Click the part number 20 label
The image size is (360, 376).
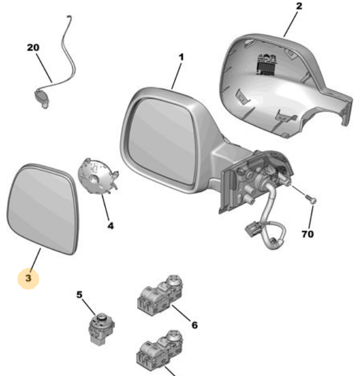click(33, 47)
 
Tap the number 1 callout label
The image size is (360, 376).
click(181, 57)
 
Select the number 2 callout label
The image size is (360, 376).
click(299, 7)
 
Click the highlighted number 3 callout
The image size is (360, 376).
click(29, 279)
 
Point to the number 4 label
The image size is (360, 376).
click(110, 225)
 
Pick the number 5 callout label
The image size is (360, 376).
click(80, 294)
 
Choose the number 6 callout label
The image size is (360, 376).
click(194, 325)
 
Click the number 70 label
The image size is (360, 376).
click(307, 234)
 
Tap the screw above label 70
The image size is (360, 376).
click(312, 201)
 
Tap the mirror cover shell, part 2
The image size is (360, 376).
click(274, 88)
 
